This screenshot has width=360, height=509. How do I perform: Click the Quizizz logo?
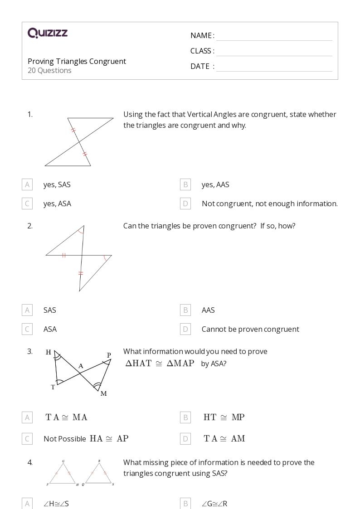point(48,33)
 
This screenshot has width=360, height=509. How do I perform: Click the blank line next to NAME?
point(274,36)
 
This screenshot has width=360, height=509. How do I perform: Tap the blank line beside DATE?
point(274,67)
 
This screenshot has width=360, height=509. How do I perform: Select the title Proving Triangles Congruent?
point(77,61)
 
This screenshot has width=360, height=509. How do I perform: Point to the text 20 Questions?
point(49,70)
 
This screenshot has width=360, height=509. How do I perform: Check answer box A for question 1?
point(27,184)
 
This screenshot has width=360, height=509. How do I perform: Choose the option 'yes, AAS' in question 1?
point(215,184)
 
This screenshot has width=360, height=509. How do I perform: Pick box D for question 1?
point(185,204)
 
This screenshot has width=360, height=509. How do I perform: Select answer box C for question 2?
point(27,329)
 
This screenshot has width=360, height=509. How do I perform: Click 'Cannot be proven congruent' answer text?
point(250,329)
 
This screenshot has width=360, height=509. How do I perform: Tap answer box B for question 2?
point(185,310)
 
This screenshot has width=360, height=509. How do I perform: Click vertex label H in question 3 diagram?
point(49,352)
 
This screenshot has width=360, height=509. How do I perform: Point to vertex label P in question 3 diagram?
point(109,355)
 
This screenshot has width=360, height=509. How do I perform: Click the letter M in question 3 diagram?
point(103,393)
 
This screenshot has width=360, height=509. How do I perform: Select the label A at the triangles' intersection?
point(81,366)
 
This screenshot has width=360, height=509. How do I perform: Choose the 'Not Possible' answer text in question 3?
point(64,439)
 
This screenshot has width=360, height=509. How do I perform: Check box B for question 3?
point(185,417)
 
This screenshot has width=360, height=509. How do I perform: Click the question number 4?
point(30,462)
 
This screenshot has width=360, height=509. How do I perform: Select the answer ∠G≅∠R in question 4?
point(214,504)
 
